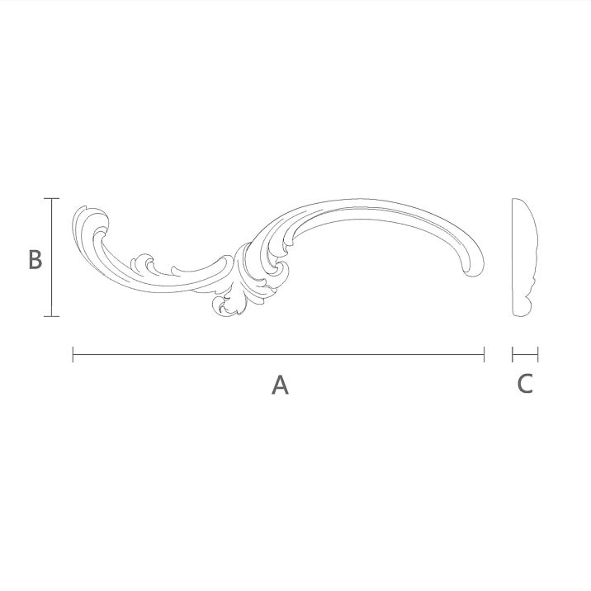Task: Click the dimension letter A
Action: pos(280,384)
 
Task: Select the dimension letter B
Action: pos(34,259)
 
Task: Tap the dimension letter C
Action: pos(525,384)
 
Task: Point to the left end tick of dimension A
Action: pos(73,355)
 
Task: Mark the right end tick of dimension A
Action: pos(484,355)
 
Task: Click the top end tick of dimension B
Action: pos(52,199)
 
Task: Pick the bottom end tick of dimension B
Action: pos(52,315)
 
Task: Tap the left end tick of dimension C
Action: pos(513,355)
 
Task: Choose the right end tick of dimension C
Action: pos(537,355)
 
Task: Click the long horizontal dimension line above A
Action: pos(278,355)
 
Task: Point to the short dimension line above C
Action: pos(525,355)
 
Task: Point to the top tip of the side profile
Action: pos(515,201)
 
